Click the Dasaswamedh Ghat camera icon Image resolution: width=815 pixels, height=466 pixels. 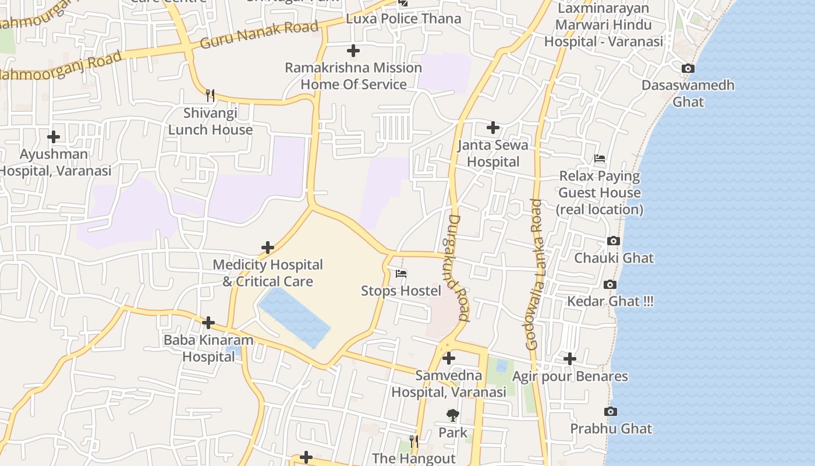688,69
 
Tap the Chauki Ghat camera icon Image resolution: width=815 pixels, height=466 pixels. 613,241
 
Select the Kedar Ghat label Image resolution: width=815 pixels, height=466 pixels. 610,301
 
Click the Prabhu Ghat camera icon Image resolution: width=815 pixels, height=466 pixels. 610,412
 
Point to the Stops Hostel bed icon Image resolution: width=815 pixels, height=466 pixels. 401,273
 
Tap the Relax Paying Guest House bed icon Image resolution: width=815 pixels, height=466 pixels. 600,158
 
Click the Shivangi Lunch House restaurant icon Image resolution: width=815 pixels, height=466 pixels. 210,96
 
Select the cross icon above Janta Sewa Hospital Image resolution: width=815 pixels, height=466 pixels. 493,128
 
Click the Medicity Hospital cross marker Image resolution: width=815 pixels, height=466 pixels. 268,248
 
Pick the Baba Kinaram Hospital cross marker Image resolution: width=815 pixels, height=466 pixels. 208,323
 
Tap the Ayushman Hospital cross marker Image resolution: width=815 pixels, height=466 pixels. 54,137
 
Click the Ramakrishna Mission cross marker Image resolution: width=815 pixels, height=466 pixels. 353,51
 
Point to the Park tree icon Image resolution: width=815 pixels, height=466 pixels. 452,415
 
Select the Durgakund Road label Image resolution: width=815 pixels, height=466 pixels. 458,268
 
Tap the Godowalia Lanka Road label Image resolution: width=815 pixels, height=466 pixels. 534,274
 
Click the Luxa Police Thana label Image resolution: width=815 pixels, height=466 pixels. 403,19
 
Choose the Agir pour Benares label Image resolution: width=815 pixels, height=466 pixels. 570,376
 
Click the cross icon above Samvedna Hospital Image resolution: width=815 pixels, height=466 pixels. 448,358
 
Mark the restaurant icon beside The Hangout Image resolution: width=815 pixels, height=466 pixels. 413,442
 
